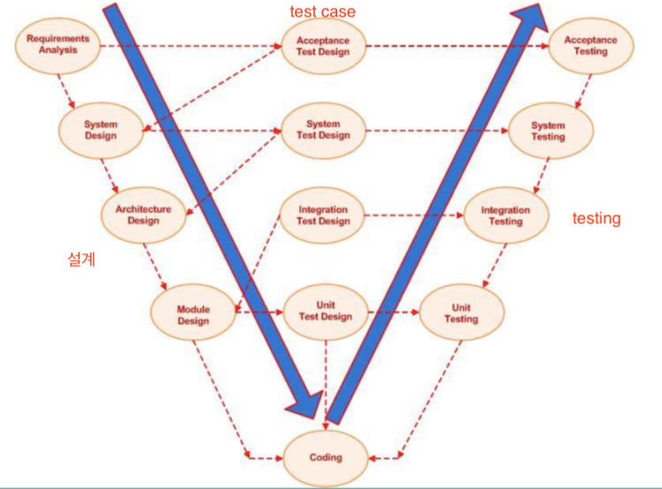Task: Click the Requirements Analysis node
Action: tap(58, 44)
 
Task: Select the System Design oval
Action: tap(100, 130)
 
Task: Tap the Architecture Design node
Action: tap(143, 215)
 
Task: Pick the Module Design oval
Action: tap(193, 315)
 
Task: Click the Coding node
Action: tap(325, 457)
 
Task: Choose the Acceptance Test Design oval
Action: tap(322, 46)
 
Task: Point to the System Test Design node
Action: tap(322, 130)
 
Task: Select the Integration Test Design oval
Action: tap(322, 215)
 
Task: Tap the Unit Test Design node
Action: tap(325, 312)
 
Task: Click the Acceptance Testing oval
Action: tap(591, 46)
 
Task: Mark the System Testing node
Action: tap(548, 131)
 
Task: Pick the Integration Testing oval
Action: tap(506, 215)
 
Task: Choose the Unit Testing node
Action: tap(461, 313)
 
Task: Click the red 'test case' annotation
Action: tap(322, 11)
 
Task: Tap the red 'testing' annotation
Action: tap(596, 218)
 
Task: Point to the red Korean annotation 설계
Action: tap(81, 259)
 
